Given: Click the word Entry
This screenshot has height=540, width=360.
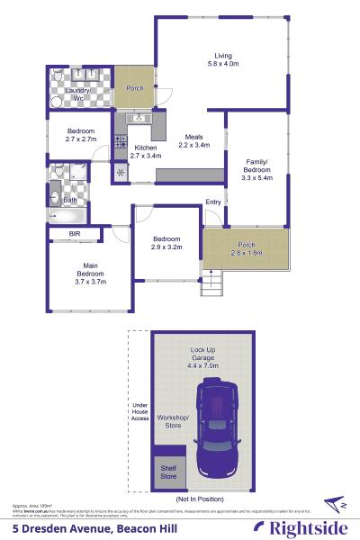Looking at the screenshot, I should pyautogui.click(x=212, y=202).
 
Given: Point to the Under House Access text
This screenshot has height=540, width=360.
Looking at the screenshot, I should pyautogui.click(x=139, y=411).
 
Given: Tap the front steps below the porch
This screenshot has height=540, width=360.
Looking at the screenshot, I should pyautogui.click(x=212, y=286).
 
